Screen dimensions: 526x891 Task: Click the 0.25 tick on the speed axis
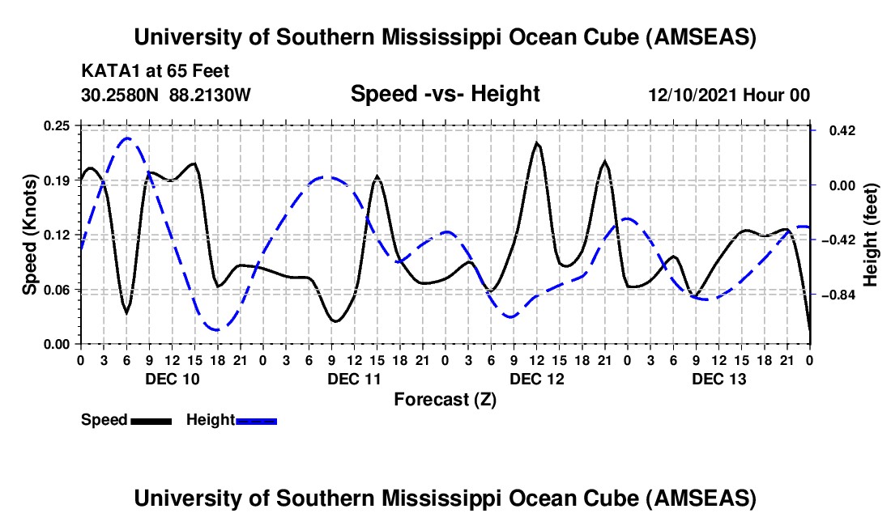[x=58, y=125]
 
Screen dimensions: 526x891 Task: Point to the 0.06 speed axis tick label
[x=58, y=289]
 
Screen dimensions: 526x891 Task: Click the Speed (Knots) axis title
[x=29, y=235]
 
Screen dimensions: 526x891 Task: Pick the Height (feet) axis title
[x=870, y=235]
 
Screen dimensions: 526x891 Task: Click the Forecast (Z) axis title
[x=445, y=399]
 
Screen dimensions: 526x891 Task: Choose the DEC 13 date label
[x=719, y=379]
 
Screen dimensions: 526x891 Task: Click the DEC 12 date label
[x=536, y=379]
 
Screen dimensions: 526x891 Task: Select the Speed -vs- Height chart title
[x=445, y=95]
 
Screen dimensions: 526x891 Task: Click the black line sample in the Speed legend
[x=150, y=421]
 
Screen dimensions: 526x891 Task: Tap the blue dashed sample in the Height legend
[x=256, y=421]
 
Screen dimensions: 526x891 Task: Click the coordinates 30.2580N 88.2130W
[x=166, y=95]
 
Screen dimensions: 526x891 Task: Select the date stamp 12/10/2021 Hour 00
[x=729, y=95]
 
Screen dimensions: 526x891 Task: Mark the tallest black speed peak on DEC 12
[x=536, y=143]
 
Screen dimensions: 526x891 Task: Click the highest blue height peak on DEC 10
[x=126, y=138]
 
